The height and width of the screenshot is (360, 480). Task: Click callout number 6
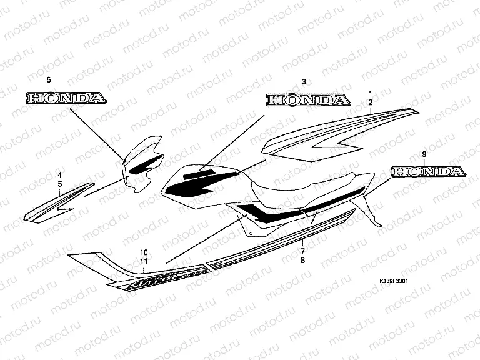click(x=49, y=80)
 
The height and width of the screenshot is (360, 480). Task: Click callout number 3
click(x=304, y=82)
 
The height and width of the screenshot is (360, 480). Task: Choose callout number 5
click(x=59, y=184)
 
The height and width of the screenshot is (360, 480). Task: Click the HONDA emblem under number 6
click(x=65, y=98)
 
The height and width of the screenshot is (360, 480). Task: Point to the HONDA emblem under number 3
click(x=306, y=100)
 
